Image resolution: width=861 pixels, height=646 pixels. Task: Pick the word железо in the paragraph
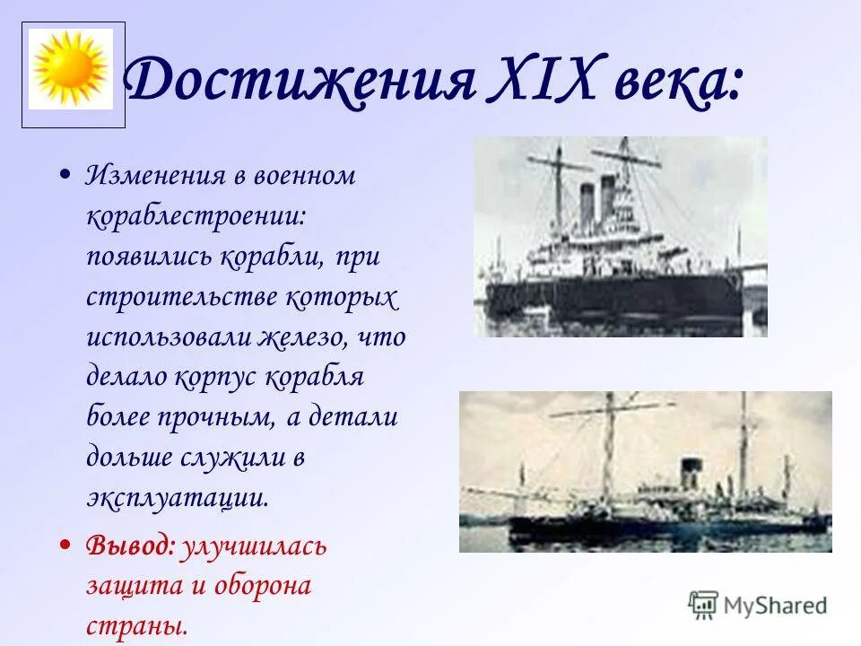302,337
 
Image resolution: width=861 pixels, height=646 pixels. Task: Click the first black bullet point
65,176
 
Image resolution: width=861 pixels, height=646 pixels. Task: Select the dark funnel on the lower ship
690,475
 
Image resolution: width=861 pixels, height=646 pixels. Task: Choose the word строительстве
180,297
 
